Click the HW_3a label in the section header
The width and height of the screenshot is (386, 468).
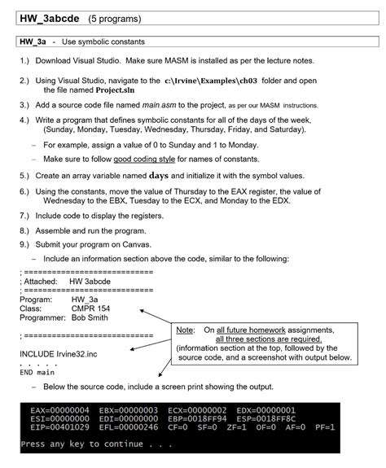coord(30,42)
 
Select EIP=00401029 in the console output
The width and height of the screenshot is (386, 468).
coord(60,426)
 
